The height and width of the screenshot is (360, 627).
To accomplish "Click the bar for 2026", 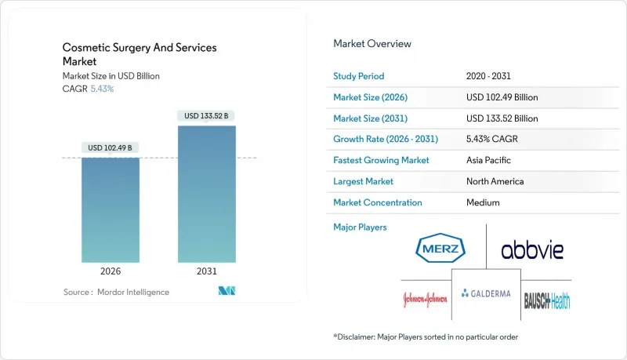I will (x=111, y=209).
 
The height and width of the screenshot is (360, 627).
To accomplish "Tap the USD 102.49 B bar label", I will (x=111, y=147).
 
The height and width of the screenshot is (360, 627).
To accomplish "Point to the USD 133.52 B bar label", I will (x=207, y=116).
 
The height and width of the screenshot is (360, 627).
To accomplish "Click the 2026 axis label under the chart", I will (x=111, y=272).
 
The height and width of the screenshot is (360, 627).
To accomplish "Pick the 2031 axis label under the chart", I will (x=207, y=272).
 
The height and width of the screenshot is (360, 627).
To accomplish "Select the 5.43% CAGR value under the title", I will (x=103, y=89).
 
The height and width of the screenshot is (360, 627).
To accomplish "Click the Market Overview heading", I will (x=372, y=44).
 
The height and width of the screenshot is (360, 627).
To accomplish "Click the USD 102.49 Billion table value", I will (x=502, y=97).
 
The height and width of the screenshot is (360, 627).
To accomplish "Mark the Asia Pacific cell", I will (x=489, y=160).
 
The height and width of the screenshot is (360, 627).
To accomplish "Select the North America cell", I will (x=495, y=181).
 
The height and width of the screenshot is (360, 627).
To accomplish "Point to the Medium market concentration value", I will (x=482, y=202).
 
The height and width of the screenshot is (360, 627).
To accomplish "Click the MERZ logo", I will (x=441, y=250).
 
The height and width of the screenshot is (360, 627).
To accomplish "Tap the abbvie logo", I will (x=532, y=250).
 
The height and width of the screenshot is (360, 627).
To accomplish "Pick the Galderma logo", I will (x=486, y=293).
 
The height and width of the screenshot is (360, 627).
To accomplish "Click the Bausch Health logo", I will (x=547, y=299).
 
